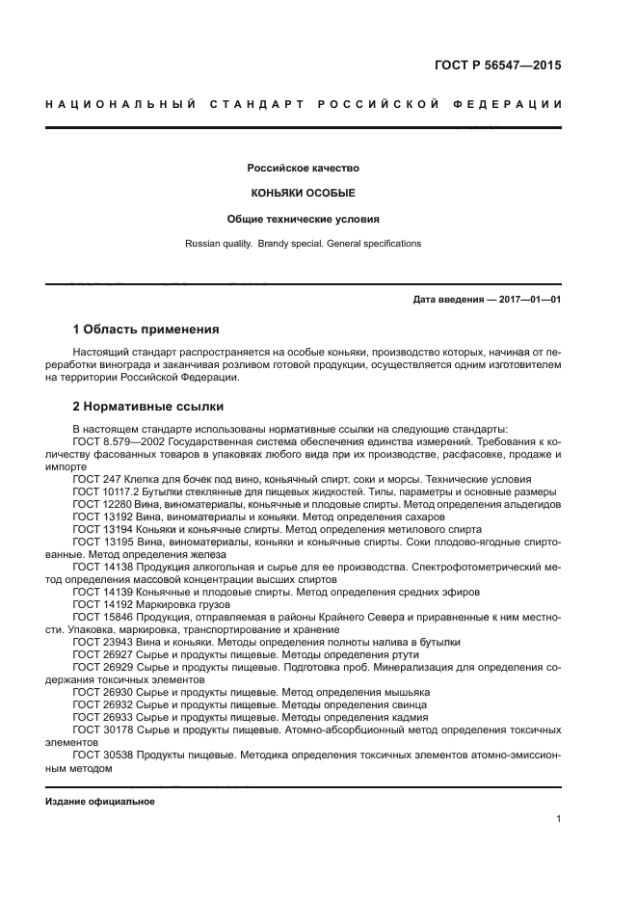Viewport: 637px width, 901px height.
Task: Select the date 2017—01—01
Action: click(x=529, y=300)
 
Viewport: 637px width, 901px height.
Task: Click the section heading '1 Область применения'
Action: click(x=146, y=330)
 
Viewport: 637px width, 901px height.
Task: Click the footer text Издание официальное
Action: click(x=100, y=802)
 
